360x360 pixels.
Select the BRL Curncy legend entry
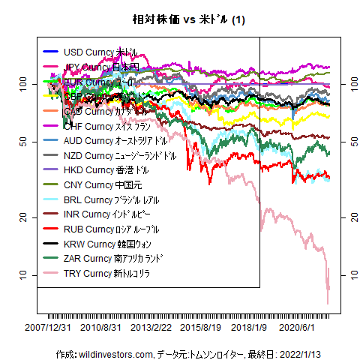[111, 200]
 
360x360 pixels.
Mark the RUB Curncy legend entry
[112, 229]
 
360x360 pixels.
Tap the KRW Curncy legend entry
[109, 244]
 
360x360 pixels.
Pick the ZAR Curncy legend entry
[113, 259]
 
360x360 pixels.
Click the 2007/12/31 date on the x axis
[48, 328]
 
